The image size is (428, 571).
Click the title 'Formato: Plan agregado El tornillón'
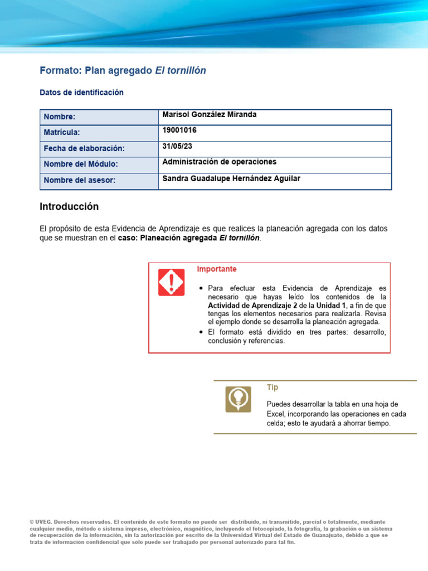point(123,71)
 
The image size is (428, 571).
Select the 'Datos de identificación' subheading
point(81,93)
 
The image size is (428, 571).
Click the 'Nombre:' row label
point(60,117)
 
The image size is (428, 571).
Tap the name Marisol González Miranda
point(209,115)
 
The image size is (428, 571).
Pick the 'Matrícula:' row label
point(62,133)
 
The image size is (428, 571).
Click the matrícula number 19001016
point(179,130)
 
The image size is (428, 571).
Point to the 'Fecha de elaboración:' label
point(84,149)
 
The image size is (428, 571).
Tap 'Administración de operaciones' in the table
point(219,162)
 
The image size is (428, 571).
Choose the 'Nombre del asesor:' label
point(79,181)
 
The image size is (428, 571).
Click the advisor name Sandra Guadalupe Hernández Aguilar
point(231,178)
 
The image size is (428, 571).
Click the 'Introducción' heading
point(69,207)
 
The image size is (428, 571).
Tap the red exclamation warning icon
point(171,282)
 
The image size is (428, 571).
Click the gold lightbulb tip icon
point(238,399)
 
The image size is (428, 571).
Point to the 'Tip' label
point(273,388)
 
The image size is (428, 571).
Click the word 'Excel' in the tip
point(276,414)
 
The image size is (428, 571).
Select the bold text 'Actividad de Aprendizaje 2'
point(250,306)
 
